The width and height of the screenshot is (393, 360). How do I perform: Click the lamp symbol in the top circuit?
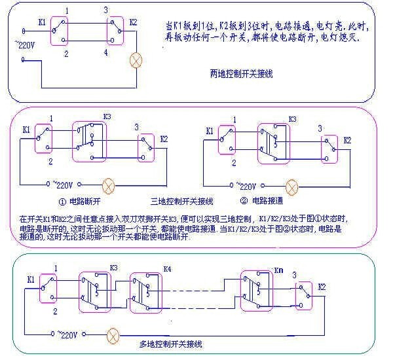pyautogui.click(x=136, y=61)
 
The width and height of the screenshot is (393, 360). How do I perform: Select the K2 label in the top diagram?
pyautogui.click(x=133, y=22)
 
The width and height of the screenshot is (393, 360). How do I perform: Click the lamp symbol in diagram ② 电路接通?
pyautogui.click(x=293, y=185)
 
